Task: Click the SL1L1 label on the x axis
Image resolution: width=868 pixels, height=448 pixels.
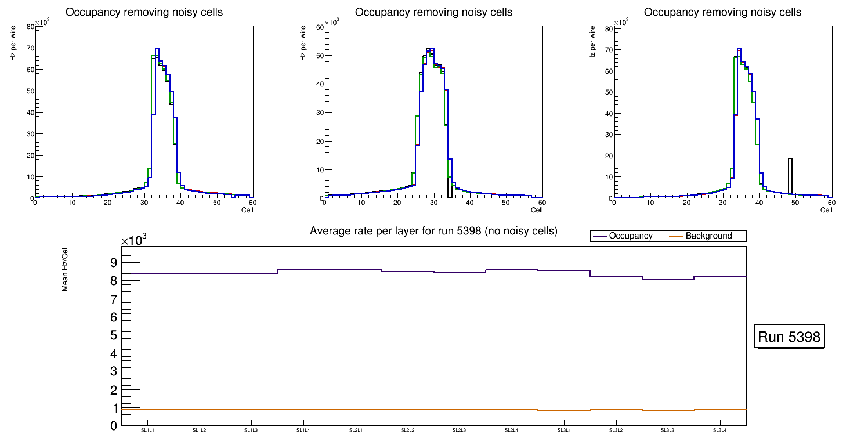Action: click(x=147, y=431)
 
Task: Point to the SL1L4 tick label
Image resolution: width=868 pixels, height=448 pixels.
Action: click(x=303, y=431)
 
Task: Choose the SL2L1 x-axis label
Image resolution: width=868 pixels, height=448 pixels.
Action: click(x=356, y=431)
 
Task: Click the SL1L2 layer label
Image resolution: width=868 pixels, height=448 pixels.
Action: click(x=200, y=431)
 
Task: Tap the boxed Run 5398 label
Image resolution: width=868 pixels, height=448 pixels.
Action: click(x=790, y=337)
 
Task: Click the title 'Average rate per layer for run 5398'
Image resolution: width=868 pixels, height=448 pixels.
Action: click(x=433, y=231)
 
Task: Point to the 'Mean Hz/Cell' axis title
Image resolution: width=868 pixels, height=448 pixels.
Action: click(x=65, y=268)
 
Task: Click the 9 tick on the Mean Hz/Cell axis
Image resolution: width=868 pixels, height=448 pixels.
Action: click(x=113, y=262)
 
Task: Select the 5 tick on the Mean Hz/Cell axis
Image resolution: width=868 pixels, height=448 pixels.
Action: click(x=113, y=335)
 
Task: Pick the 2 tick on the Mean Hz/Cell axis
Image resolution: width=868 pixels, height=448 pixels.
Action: click(x=113, y=390)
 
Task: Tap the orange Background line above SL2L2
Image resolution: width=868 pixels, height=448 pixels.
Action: click(x=407, y=410)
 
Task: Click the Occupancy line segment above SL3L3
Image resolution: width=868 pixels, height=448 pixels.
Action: click(x=668, y=279)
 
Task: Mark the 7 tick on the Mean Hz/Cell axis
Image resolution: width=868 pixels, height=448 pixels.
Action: click(x=113, y=299)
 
